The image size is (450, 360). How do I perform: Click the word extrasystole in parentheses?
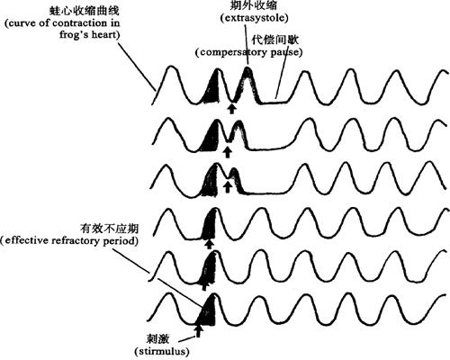point(255,18)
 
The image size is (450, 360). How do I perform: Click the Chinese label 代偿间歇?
point(274,40)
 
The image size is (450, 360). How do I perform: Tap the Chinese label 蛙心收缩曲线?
point(85,11)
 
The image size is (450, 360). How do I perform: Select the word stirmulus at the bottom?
point(163,351)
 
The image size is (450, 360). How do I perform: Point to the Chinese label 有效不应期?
point(109,229)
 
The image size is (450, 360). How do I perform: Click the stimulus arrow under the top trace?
point(231,108)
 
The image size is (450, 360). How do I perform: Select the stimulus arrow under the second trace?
point(228,152)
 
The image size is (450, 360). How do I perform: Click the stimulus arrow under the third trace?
point(228,187)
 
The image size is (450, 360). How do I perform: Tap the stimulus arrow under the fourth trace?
point(209,243)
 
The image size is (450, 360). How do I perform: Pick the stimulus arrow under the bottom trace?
point(198,331)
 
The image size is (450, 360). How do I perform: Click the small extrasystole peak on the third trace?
point(234,180)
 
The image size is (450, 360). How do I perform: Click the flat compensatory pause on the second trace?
point(269,148)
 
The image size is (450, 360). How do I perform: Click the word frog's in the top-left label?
point(75,34)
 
